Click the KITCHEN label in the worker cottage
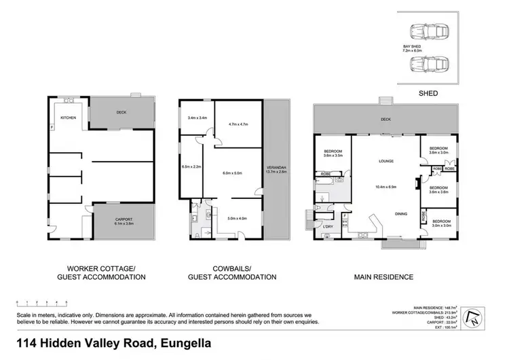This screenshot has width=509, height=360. (x=69, y=118)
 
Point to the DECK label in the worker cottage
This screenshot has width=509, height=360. (x=121, y=113)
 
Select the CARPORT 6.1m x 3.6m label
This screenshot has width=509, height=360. (x=123, y=221)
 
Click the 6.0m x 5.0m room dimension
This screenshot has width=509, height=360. (x=233, y=173)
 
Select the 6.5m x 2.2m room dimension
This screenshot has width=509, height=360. (x=191, y=166)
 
